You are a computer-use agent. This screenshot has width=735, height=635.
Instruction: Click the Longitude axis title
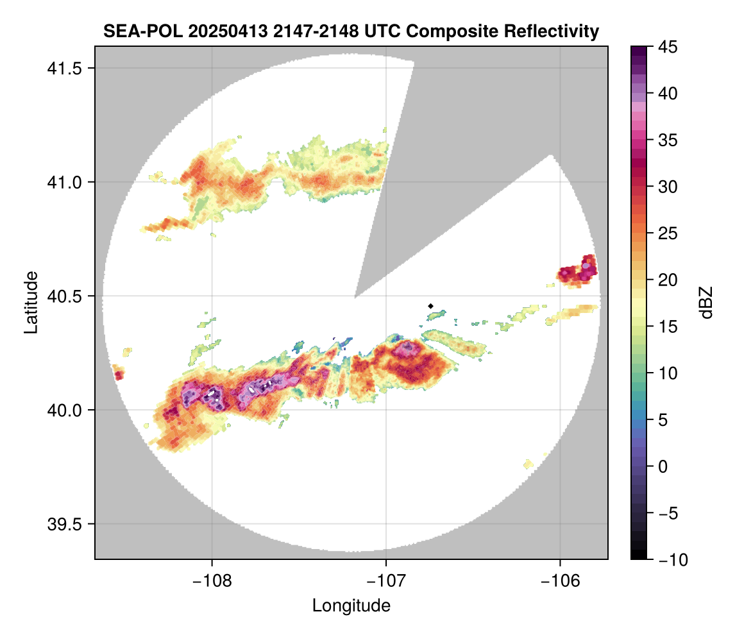pos(351,605)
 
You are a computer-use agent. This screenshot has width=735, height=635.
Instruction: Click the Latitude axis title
pos(30,301)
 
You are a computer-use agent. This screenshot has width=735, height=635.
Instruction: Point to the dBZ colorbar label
pos(706,303)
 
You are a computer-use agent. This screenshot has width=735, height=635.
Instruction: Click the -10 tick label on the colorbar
pos(670,559)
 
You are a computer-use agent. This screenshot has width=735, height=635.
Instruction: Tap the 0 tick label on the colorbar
pos(662,466)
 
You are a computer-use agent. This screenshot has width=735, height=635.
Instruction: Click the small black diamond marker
pos(431,306)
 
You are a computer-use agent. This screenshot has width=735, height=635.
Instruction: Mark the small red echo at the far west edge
pos(118,373)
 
